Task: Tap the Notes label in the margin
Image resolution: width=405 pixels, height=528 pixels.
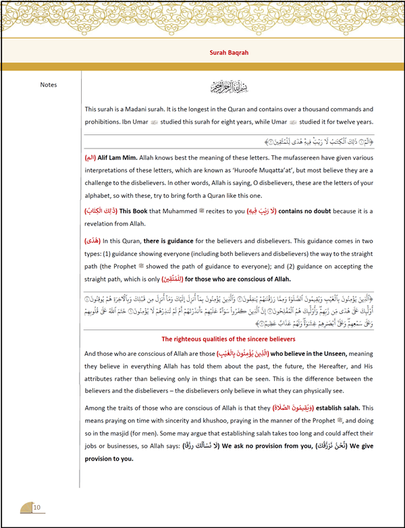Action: tap(49, 85)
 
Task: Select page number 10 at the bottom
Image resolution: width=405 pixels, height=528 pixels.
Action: tap(37, 508)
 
